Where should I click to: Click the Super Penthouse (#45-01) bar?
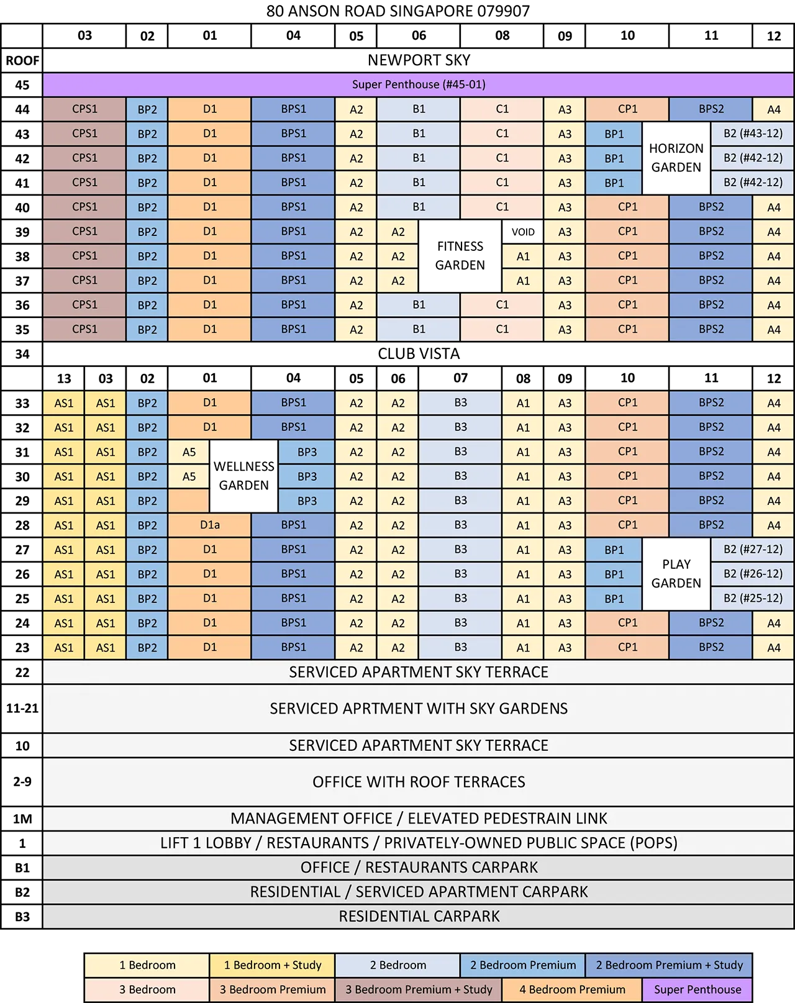point(418,84)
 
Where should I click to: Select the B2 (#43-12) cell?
point(752,134)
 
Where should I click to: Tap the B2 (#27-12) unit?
point(752,550)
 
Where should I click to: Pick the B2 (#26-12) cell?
point(752,574)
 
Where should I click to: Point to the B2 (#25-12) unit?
point(752,599)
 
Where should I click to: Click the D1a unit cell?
point(209,525)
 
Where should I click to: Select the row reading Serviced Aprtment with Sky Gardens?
point(418,709)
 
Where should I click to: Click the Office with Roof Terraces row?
point(418,782)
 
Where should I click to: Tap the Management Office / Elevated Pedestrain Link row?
point(418,819)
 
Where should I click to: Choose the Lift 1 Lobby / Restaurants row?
point(418,843)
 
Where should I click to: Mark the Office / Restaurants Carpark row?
point(418,868)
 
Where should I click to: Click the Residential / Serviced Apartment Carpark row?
point(418,892)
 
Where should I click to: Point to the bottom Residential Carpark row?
point(418,917)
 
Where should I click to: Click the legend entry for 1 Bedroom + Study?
point(272,965)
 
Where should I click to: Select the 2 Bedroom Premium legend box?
point(522,965)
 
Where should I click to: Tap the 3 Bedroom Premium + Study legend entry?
point(419,989)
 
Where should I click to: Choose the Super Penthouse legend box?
point(697,989)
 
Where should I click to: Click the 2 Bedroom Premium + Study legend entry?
point(669,965)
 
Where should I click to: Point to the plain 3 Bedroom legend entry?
point(147,989)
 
